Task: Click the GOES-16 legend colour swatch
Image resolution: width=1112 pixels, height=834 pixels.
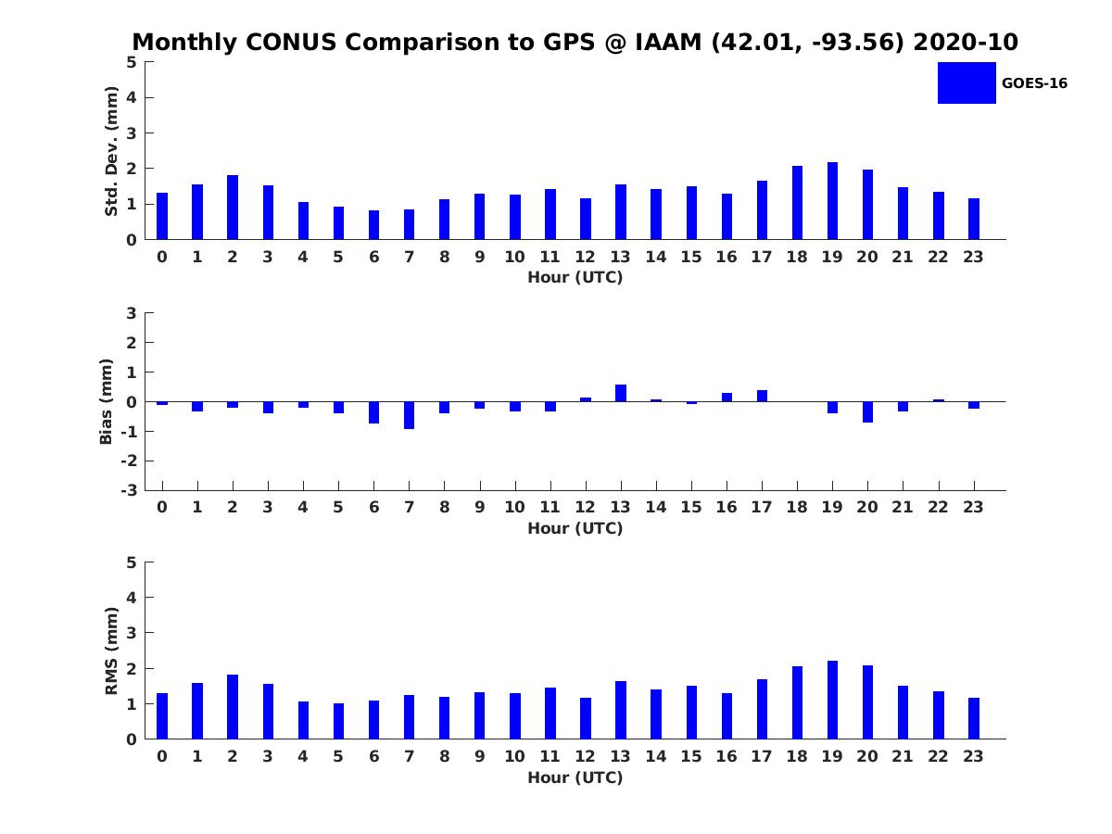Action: coord(967,82)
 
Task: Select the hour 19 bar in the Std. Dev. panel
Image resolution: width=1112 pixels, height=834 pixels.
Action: coord(832,201)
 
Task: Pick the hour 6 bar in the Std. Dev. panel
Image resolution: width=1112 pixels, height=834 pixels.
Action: coord(373,225)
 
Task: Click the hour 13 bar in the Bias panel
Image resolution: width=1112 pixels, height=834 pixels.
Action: coord(621,393)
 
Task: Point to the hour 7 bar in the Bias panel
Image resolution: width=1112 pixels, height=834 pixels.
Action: coord(409,415)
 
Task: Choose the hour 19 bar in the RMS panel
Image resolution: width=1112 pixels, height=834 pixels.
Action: coord(832,700)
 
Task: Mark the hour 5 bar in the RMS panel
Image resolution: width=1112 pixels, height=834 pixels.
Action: coord(338,721)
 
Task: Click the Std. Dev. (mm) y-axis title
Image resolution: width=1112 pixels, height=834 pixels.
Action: coord(111,151)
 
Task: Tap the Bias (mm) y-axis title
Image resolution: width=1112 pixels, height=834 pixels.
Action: coord(107,401)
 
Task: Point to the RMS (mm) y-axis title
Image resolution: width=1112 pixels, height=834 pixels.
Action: coord(111,651)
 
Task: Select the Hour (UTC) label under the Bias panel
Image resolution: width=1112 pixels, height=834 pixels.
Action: coord(575,528)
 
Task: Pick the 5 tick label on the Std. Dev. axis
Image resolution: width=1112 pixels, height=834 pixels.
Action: coord(133,62)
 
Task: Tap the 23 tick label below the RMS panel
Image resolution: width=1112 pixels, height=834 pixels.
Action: coord(973,756)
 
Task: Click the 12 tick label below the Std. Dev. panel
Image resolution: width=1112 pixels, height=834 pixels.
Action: coord(585,257)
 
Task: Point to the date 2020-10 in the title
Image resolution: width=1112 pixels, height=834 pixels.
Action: coord(966,43)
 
